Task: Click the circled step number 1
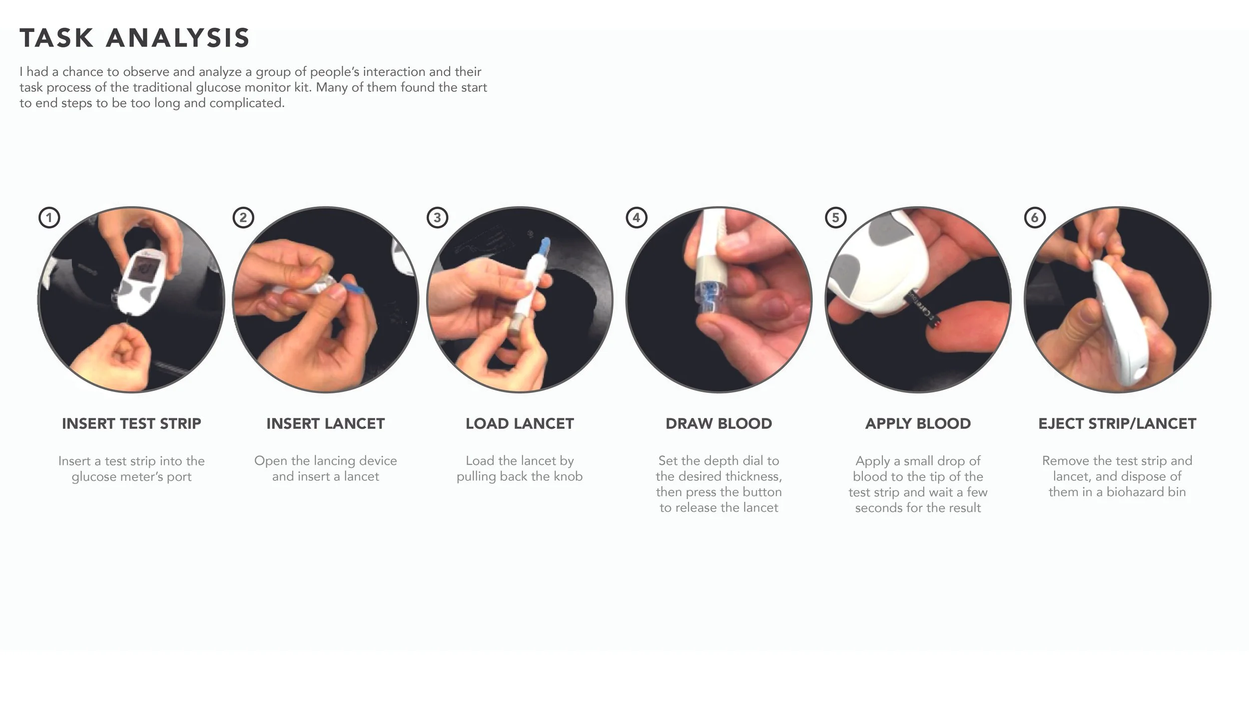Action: (49, 218)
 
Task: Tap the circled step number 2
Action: (243, 218)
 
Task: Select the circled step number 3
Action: (437, 218)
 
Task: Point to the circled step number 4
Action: (636, 218)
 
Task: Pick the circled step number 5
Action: (835, 218)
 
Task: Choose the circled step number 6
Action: (1035, 218)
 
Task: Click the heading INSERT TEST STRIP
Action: (131, 423)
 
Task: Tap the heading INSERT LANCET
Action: (326, 423)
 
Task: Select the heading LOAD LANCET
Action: (520, 423)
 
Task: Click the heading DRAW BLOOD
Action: (718, 423)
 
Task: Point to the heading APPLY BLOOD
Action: (918, 423)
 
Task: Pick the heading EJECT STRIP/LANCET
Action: (1117, 423)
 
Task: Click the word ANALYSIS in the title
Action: (178, 38)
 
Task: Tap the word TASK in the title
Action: (56, 38)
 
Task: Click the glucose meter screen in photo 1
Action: (142, 274)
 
